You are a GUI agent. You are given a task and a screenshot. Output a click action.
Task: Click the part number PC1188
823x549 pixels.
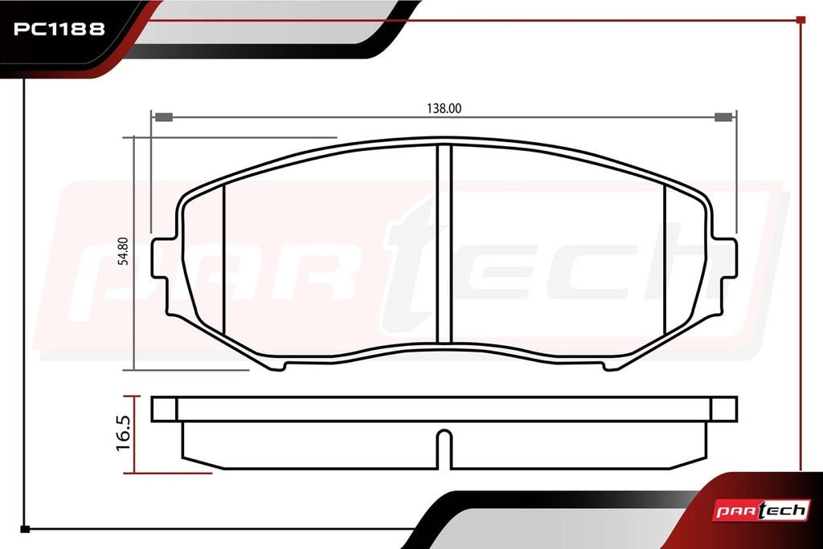tap(59, 29)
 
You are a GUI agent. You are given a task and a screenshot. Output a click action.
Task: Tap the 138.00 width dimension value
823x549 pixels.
tap(444, 108)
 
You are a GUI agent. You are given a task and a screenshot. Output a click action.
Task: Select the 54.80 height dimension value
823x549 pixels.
tap(123, 251)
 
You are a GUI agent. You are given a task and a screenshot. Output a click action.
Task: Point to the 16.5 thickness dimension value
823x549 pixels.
tap(123, 433)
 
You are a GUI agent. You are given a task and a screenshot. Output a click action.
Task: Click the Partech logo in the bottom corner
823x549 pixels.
tap(761, 510)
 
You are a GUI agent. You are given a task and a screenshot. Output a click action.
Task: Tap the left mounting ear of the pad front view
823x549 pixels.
tap(164, 258)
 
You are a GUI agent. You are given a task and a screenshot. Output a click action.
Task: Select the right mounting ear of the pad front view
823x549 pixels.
tap(724, 258)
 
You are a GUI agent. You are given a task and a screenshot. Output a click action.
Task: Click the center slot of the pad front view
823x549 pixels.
tap(444, 244)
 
